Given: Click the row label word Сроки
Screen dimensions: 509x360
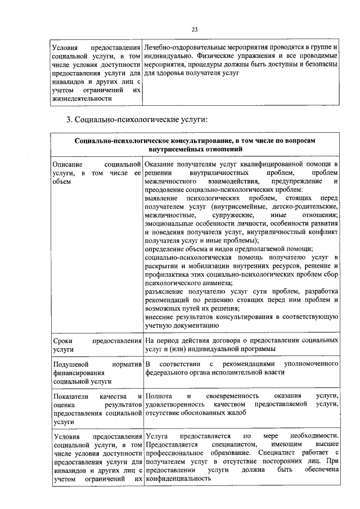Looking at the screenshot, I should (61, 341).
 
